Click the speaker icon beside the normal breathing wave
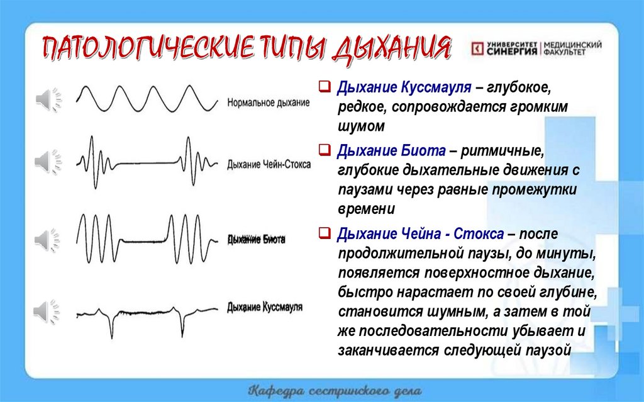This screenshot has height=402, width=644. click(x=48, y=99)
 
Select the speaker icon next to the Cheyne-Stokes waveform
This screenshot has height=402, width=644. click(x=48, y=162)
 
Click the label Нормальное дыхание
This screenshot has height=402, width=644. click(x=269, y=103)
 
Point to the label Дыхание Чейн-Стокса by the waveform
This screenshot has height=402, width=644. click(x=269, y=164)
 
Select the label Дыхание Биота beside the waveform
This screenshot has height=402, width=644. click(x=256, y=240)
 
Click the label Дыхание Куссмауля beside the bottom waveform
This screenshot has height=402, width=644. click(x=265, y=308)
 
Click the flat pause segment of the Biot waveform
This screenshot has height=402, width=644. click(x=142, y=241)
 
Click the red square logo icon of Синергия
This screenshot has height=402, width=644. click(x=478, y=48)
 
